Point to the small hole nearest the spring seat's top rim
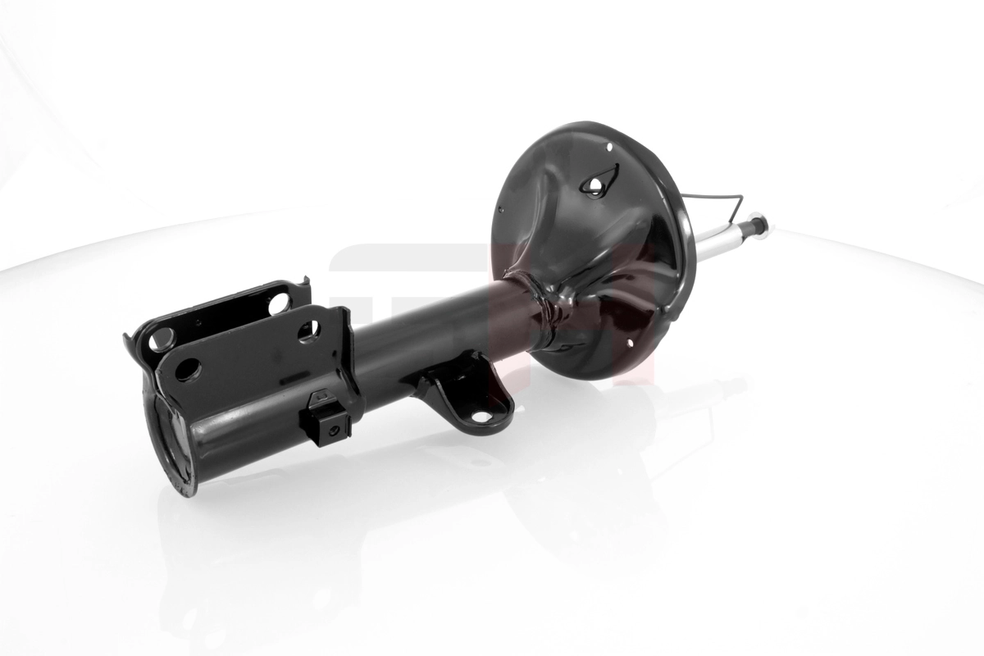609,147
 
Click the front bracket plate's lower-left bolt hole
187,369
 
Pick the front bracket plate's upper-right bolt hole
308,330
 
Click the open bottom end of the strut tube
170,447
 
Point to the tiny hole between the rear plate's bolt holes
197,323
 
